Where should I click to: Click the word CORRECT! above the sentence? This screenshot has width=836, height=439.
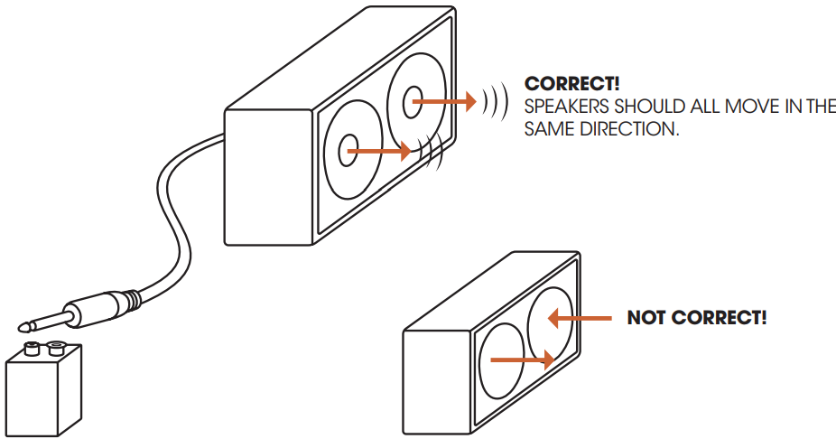tap(572, 84)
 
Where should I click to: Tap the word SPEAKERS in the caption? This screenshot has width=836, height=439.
tap(566, 107)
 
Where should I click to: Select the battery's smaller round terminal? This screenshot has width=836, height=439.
tap(32, 349)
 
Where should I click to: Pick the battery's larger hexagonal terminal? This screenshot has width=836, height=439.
tap(55, 349)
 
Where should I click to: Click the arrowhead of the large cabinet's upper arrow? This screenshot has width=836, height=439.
tap(469, 101)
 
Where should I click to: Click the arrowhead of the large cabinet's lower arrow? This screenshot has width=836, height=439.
tap(404, 151)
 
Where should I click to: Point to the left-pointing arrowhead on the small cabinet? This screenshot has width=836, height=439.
tap(553, 319)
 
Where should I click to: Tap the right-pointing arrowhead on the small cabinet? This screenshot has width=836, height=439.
tap(549, 360)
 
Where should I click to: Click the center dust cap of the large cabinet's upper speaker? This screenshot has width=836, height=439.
tap(412, 102)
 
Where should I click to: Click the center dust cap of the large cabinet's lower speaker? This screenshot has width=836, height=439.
tap(348, 150)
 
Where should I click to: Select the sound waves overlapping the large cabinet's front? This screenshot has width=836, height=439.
tap(431, 151)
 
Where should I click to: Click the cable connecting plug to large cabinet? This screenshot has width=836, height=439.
tap(170, 213)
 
